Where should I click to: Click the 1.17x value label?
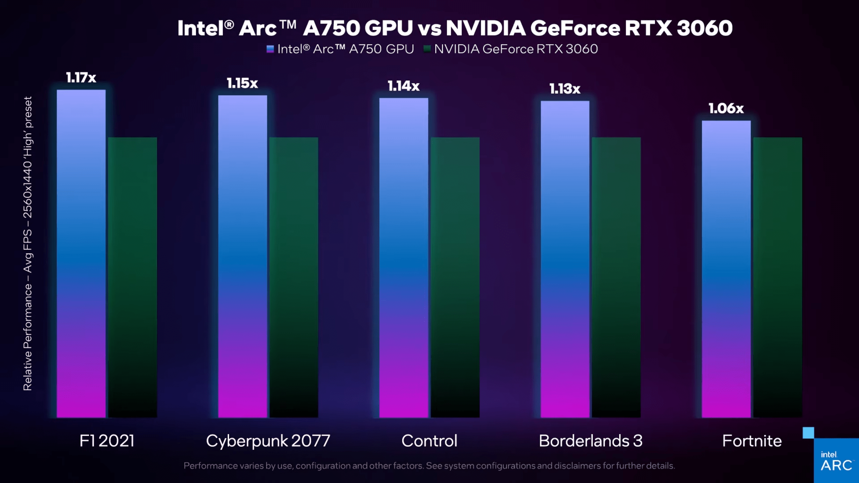pyautogui.click(x=81, y=78)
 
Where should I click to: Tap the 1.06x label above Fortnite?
pyautogui.click(x=726, y=108)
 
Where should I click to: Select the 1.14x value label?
pyautogui.click(x=403, y=86)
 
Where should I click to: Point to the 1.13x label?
pyautogui.click(x=565, y=89)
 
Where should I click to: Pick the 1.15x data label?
pyautogui.click(x=242, y=83)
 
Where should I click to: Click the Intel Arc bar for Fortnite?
pyautogui.click(x=726, y=269)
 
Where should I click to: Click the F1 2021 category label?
pyautogui.click(x=107, y=441)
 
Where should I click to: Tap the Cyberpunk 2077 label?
pyautogui.click(x=268, y=441)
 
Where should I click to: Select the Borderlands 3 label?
pyautogui.click(x=591, y=441)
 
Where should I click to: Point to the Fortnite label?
pyautogui.click(x=752, y=441)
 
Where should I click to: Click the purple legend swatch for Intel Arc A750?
pyautogui.click(x=270, y=49)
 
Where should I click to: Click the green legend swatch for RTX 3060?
pyautogui.click(x=427, y=49)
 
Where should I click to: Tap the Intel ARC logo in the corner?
pyautogui.click(x=836, y=462)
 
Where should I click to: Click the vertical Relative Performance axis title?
pyautogui.click(x=28, y=243)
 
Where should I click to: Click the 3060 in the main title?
pyautogui.click(x=704, y=28)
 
